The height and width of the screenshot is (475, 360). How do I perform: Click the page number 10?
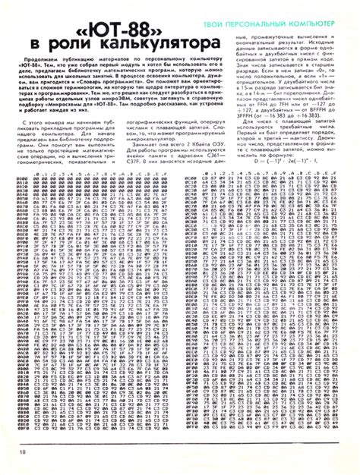(24, 452)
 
